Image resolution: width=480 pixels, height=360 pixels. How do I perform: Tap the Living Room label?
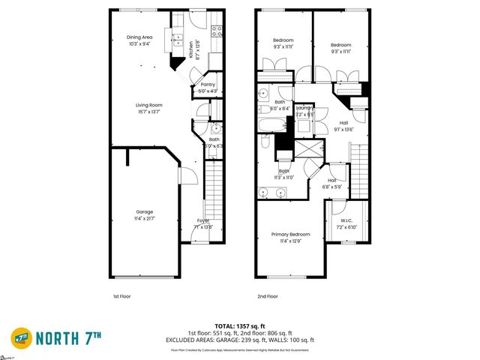coord(148,109)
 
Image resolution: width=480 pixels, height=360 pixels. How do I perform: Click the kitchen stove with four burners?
coord(216,31)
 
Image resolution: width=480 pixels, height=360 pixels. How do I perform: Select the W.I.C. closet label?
coord(346,223)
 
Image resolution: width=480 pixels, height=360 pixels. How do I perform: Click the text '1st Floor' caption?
coord(122,297)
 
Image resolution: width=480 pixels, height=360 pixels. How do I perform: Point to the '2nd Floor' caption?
coord(267,297)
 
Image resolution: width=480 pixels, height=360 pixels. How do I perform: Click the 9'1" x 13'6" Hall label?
coord(343,126)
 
